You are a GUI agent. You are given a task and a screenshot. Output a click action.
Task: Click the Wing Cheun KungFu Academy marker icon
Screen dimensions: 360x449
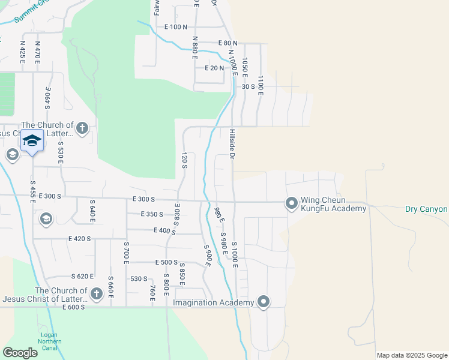click(x=291, y=204)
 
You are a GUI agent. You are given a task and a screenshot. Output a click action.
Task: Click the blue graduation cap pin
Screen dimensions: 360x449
click(x=32, y=141)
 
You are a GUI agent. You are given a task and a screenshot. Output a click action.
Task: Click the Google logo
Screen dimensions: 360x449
click(x=20, y=353)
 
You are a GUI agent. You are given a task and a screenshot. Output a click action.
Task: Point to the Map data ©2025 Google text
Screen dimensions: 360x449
click(x=412, y=355)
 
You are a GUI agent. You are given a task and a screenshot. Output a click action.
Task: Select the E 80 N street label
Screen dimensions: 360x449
click(x=227, y=43)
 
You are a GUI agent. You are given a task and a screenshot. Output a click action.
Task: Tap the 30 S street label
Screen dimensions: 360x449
click(x=249, y=86)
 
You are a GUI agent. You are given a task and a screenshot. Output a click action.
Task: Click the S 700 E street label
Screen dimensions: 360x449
click(x=126, y=252)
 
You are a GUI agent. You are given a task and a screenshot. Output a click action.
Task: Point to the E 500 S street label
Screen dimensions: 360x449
click(x=166, y=262)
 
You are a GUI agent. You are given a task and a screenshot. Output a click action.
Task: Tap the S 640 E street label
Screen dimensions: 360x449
click(x=92, y=211)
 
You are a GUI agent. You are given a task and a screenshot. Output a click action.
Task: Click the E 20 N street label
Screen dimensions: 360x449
click(x=214, y=68)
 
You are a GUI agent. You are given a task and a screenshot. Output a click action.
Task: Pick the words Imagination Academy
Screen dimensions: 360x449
click(x=213, y=303)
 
